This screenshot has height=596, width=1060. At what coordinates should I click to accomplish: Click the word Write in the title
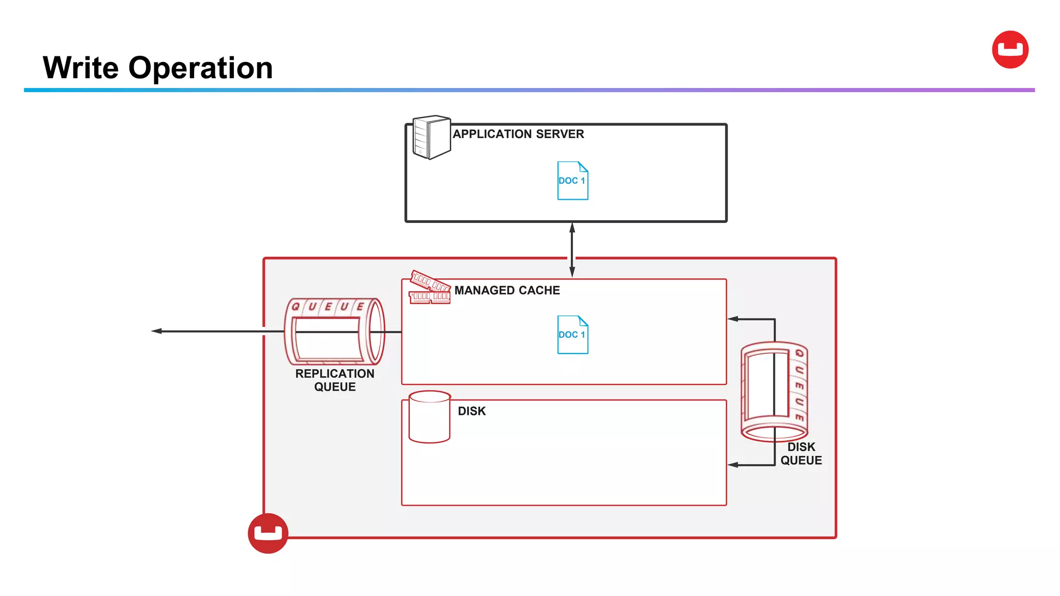81,68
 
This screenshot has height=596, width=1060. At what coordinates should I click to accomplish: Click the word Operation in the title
200,69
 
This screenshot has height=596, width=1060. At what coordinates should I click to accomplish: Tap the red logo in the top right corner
1010,50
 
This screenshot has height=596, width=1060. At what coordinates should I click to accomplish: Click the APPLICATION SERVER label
518,134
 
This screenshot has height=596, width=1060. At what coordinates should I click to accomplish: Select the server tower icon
431,137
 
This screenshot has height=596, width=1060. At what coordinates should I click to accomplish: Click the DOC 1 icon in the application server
572,181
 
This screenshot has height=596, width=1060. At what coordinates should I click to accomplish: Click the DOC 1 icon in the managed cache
572,335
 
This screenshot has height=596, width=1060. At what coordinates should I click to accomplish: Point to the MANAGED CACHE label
507,290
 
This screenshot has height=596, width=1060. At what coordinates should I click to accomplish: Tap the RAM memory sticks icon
430,288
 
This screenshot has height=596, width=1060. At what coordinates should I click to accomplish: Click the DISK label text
472,411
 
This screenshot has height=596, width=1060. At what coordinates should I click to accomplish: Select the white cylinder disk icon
429,416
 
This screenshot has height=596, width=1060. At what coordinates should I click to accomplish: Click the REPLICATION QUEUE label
334,380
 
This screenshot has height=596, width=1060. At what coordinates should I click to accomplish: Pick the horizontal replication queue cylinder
334,331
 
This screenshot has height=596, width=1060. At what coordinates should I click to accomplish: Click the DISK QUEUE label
801,454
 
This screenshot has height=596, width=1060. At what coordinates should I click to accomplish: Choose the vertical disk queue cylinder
774,391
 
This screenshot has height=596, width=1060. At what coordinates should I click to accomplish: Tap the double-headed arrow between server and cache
572,250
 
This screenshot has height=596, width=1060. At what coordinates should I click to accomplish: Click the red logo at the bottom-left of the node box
268,533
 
